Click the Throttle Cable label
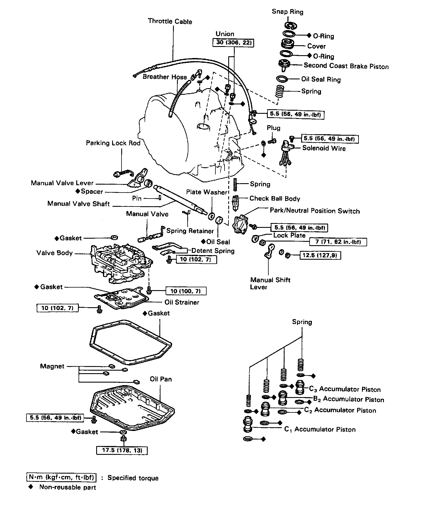pyautogui.click(x=170, y=22)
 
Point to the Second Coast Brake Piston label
pyautogui.click(x=346, y=66)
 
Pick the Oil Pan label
pyautogui.click(x=161, y=379)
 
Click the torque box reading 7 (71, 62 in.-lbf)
pyautogui.click(x=338, y=242)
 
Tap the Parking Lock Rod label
pyautogui.click(x=113, y=143)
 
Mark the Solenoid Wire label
pyautogui.click(x=324, y=148)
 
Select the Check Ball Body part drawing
pyautogui.click(x=235, y=203)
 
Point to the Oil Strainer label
pyautogui.click(x=182, y=302)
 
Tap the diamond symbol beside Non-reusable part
pyautogui.click(x=31, y=487)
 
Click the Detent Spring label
pyautogui.click(x=213, y=251)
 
